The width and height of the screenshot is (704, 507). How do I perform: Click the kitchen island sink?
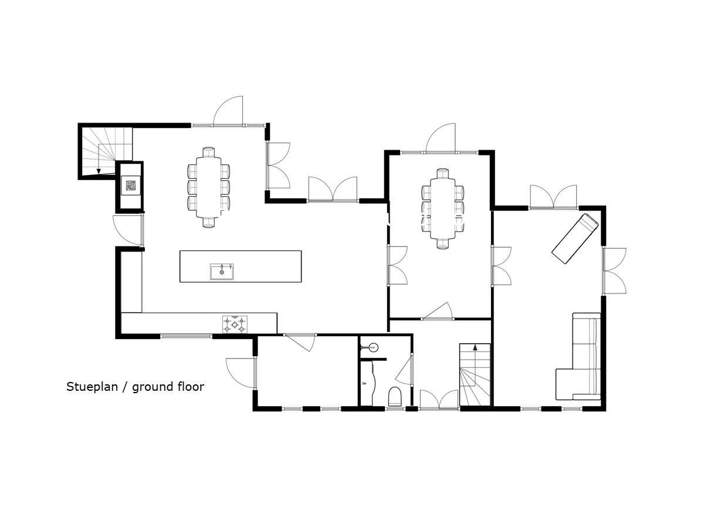point(222,272)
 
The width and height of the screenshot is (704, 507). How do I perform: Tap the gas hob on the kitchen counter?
point(235,324)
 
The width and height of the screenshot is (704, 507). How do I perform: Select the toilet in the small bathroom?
point(395,397)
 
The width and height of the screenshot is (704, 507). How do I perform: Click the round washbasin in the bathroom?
point(373,347)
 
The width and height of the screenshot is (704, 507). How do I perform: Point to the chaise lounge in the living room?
point(575,239)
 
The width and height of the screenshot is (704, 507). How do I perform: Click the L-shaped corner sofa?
point(578,356)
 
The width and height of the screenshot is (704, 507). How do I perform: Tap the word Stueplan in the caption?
point(92,387)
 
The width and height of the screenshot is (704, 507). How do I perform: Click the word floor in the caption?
point(191,387)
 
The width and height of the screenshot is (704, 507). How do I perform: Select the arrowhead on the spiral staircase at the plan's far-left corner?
point(99,171)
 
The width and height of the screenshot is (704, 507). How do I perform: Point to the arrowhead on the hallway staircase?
point(475,347)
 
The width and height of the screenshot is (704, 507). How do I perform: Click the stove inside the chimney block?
point(131,185)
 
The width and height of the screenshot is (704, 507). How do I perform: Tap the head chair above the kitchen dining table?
point(208,152)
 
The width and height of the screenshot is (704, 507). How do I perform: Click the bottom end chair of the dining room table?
point(442,244)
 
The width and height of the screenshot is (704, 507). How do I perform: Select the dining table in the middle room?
point(442,209)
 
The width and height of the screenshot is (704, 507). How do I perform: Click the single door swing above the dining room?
point(441,138)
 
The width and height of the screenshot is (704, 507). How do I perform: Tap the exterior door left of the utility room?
point(241,373)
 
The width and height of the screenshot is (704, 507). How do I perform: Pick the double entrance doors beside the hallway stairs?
point(439,400)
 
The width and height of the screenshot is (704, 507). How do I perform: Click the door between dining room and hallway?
point(438,312)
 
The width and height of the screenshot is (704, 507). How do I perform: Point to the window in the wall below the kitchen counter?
point(186,336)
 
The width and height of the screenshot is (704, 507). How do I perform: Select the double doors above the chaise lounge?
point(553,197)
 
